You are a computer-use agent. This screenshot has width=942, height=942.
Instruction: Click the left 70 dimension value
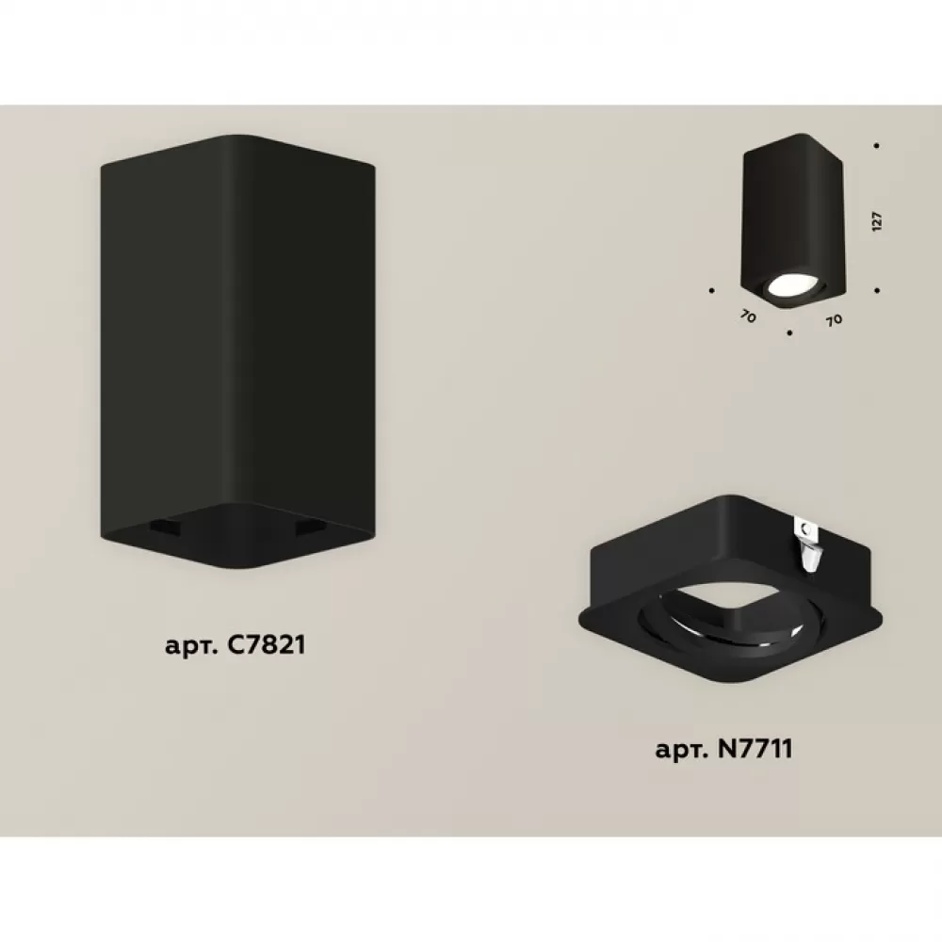click(x=748, y=317)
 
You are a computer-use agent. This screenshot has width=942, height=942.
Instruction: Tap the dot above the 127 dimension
click(x=877, y=146)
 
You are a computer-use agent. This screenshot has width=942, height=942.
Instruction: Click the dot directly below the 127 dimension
click(x=877, y=291)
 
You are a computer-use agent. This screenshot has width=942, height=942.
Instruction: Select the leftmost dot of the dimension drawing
click(x=712, y=291)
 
